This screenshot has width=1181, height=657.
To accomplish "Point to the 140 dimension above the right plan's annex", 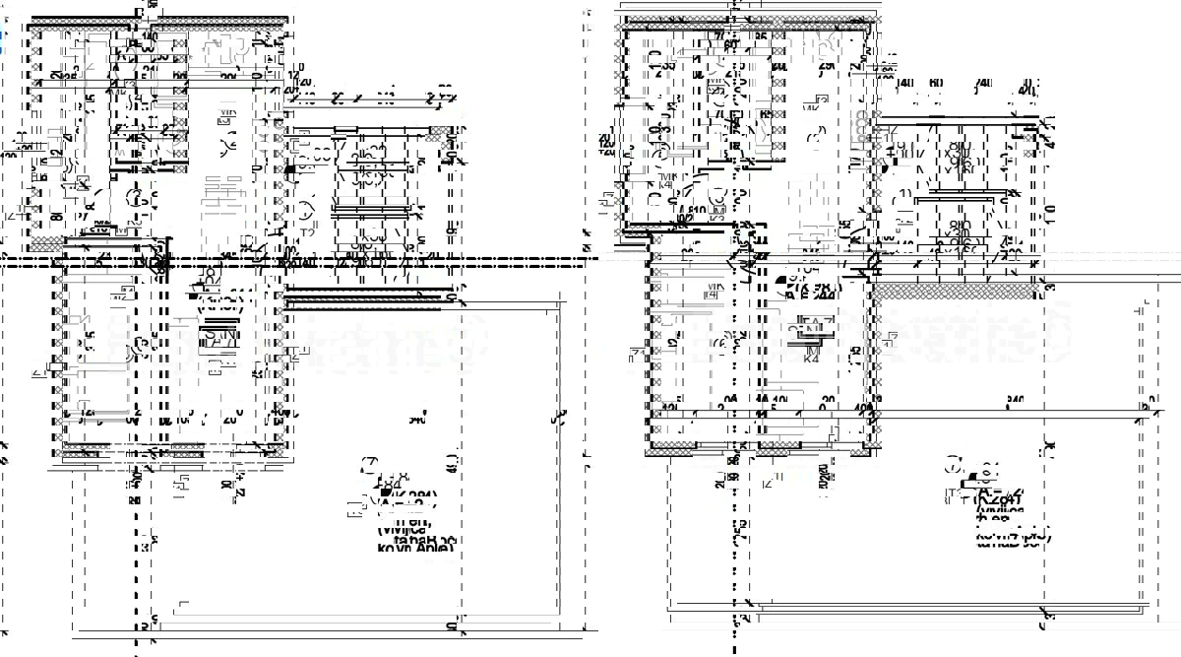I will pos(903,84).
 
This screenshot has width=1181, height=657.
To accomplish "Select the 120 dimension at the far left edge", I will pos(10,155).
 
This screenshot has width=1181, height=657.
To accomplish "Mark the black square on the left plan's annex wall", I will pos(289,169).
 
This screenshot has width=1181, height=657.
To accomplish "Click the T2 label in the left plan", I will pos(307,232).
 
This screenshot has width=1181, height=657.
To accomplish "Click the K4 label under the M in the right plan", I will pos(812,359).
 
